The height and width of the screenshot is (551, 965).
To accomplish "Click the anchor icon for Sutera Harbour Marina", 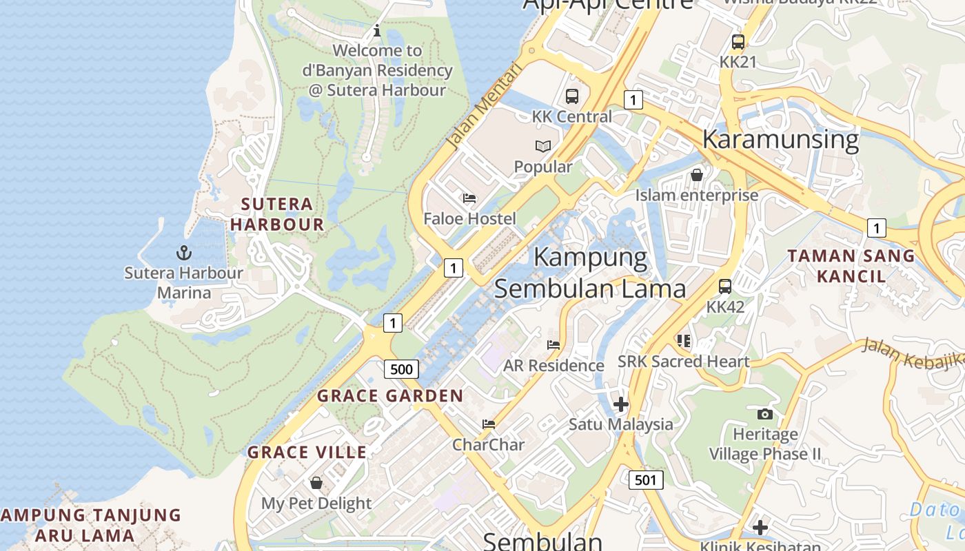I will pyautogui.click(x=183, y=253).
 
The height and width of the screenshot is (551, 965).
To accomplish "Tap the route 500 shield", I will pyautogui.click(x=401, y=369).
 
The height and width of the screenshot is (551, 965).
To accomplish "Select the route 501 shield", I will pyautogui.click(x=646, y=479).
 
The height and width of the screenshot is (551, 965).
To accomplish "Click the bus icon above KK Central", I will pyautogui.click(x=572, y=96).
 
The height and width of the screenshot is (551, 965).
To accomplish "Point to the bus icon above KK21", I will pyautogui.click(x=738, y=41).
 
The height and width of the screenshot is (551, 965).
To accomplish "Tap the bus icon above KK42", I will pyautogui.click(x=725, y=286).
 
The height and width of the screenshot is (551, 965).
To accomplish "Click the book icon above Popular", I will pyautogui.click(x=543, y=146).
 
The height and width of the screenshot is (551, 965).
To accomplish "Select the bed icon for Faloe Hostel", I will pyautogui.click(x=469, y=198).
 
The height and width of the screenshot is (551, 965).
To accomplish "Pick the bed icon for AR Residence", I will pyautogui.click(x=553, y=344).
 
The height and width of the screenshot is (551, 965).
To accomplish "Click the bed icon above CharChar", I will pyautogui.click(x=489, y=424).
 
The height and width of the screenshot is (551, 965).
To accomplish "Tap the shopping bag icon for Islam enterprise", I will pyautogui.click(x=697, y=175).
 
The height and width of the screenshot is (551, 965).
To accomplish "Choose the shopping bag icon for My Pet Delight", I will pyautogui.click(x=316, y=483).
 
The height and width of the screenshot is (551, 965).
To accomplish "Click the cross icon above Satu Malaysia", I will pyautogui.click(x=620, y=404).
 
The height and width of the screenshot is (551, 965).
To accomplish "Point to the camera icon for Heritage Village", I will pyautogui.click(x=764, y=414).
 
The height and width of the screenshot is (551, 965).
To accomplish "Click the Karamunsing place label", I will pyautogui.click(x=780, y=139).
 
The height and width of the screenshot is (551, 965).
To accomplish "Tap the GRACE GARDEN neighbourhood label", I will pyautogui.click(x=390, y=396).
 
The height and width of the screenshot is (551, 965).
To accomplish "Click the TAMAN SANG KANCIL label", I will pyautogui.click(x=851, y=266).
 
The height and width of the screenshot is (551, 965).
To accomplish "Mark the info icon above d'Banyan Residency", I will pyautogui.click(x=377, y=30).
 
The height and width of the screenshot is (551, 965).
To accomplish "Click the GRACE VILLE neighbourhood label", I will pyautogui.click(x=307, y=453).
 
